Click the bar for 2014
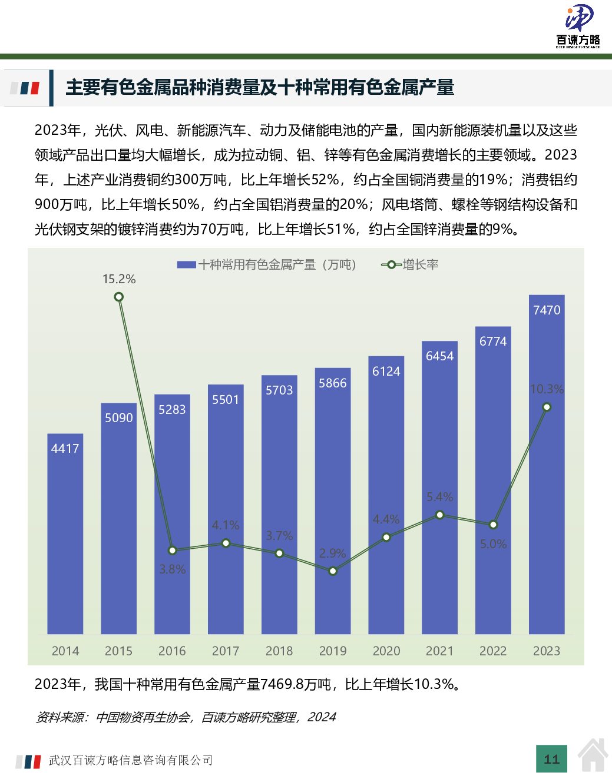[65, 533]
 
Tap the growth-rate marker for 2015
[118, 297]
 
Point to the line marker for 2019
[333, 571]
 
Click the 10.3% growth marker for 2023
[547, 407]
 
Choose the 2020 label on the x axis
[386, 651]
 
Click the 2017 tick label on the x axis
[226, 651]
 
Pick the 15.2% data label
[119, 279]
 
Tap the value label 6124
[386, 372]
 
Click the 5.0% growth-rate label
[493, 544]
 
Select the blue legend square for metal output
[186, 265]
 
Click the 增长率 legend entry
[420, 265]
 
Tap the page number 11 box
[552, 759]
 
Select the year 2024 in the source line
[322, 717]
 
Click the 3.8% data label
[173, 569]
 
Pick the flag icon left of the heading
[25, 88]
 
